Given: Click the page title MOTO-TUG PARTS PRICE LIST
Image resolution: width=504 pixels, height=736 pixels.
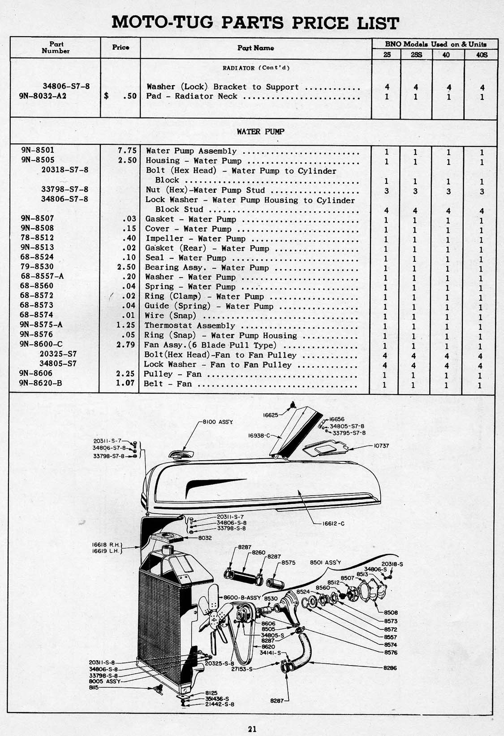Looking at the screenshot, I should [x=254, y=22].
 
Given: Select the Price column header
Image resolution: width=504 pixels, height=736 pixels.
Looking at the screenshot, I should [x=121, y=47].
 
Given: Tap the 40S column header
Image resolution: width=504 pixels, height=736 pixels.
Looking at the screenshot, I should [x=481, y=55].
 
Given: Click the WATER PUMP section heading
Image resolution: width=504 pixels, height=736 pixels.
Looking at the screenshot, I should [x=254, y=132].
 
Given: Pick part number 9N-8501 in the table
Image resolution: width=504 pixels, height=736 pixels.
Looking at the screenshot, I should [x=38, y=151].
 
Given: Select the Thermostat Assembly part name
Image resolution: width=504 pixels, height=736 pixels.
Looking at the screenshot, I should [x=190, y=325].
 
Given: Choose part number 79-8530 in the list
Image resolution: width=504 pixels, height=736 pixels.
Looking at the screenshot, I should [x=37, y=267].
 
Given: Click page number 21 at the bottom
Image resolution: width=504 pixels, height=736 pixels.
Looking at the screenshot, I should [x=252, y=729].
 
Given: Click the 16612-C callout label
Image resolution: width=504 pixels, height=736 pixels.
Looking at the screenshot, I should [x=333, y=523].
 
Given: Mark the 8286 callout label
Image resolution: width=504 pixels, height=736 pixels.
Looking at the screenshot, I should [x=390, y=667].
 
